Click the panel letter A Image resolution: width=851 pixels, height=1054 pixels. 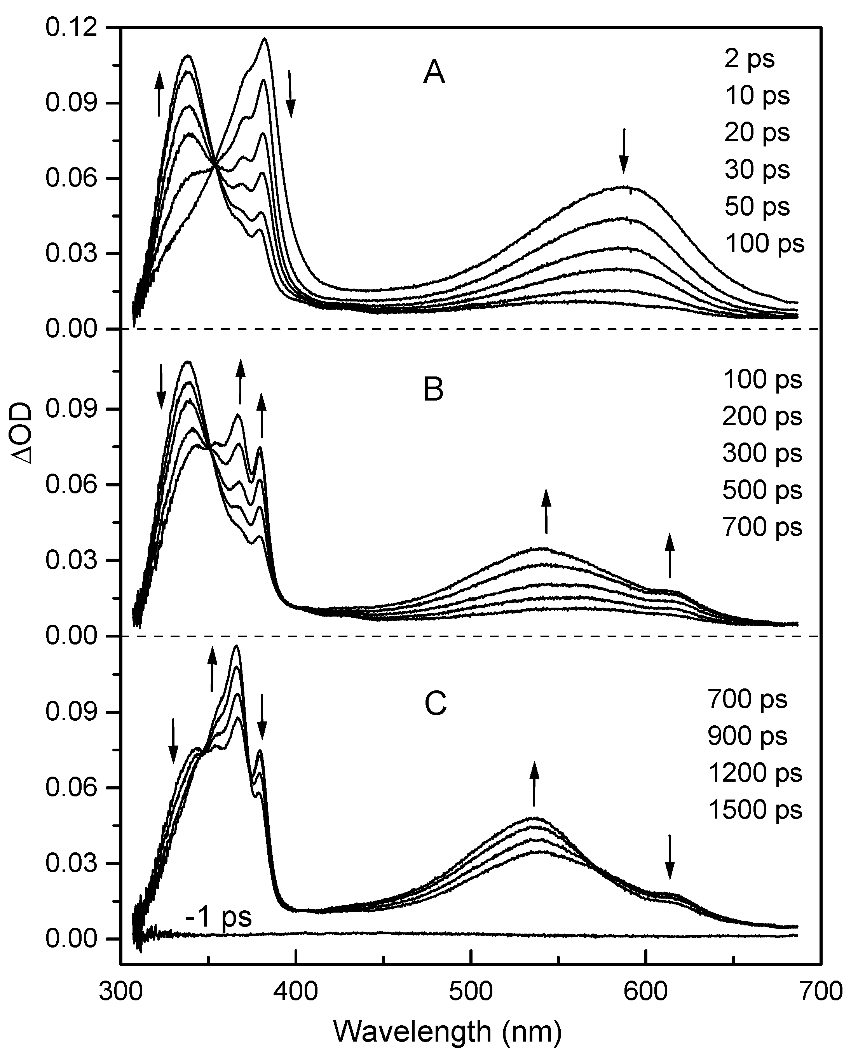(434, 75)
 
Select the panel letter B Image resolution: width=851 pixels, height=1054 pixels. (433, 390)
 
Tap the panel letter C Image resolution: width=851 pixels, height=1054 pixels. (435, 704)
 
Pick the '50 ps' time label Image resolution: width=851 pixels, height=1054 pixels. (757, 206)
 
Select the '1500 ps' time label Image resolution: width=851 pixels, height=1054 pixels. (755, 810)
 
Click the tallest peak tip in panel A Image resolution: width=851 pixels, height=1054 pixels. (265, 39)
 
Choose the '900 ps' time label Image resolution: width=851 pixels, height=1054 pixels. (747, 735)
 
